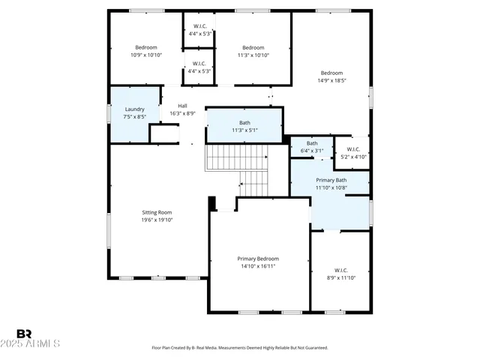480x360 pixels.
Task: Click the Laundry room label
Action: tap(135, 109)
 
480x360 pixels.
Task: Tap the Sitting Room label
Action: tap(157, 212)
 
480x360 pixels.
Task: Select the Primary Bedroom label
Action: tap(258, 258)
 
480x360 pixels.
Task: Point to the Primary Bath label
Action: tap(331, 180)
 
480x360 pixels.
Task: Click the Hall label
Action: tap(182, 106)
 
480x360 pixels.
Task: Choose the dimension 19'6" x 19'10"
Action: tap(157, 220)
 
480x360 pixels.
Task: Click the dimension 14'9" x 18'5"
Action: tap(331, 80)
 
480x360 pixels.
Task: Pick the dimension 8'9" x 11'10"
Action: tap(340, 277)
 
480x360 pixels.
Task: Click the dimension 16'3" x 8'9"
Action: tap(182, 113)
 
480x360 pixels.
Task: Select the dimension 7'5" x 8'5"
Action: tap(135, 117)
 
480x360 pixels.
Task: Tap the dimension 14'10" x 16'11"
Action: tap(258, 266)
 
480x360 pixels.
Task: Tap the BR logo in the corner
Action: tap(25, 333)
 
